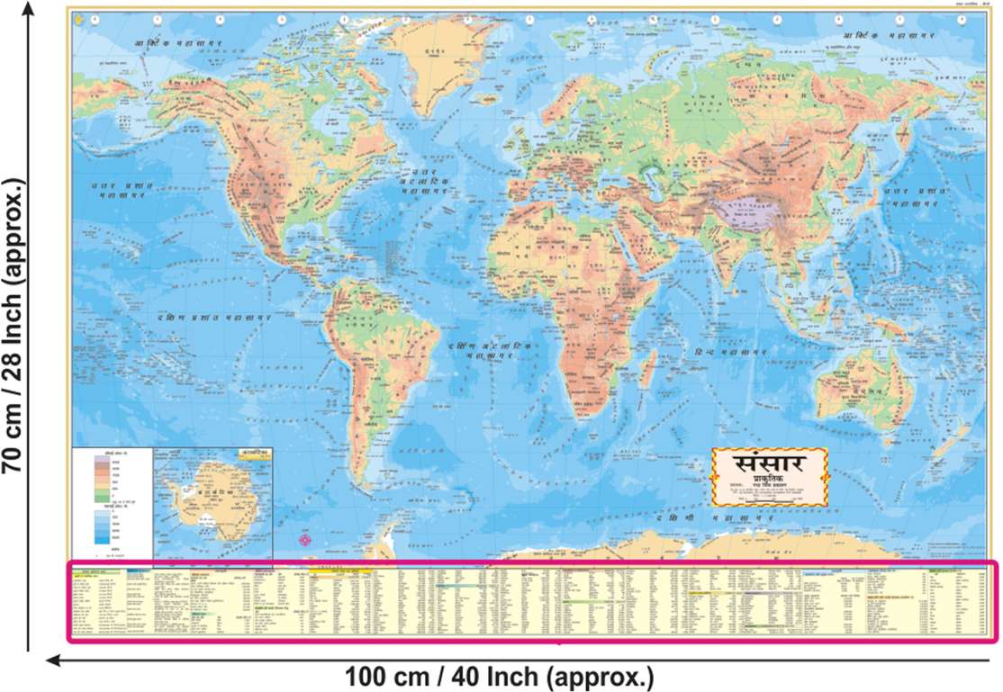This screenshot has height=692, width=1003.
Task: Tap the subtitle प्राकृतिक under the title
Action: pos(768,481)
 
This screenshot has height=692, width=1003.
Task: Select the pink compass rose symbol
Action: pos(305,540)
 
